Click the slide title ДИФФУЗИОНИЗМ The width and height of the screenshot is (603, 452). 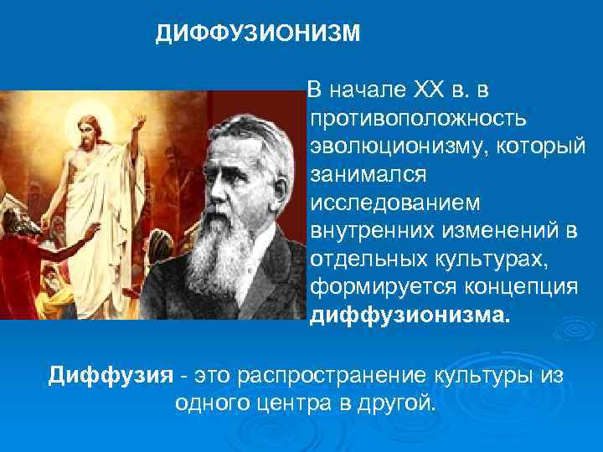point(259,33)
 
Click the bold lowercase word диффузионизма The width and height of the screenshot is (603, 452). point(409,316)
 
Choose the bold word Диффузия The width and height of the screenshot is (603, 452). point(110,373)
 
